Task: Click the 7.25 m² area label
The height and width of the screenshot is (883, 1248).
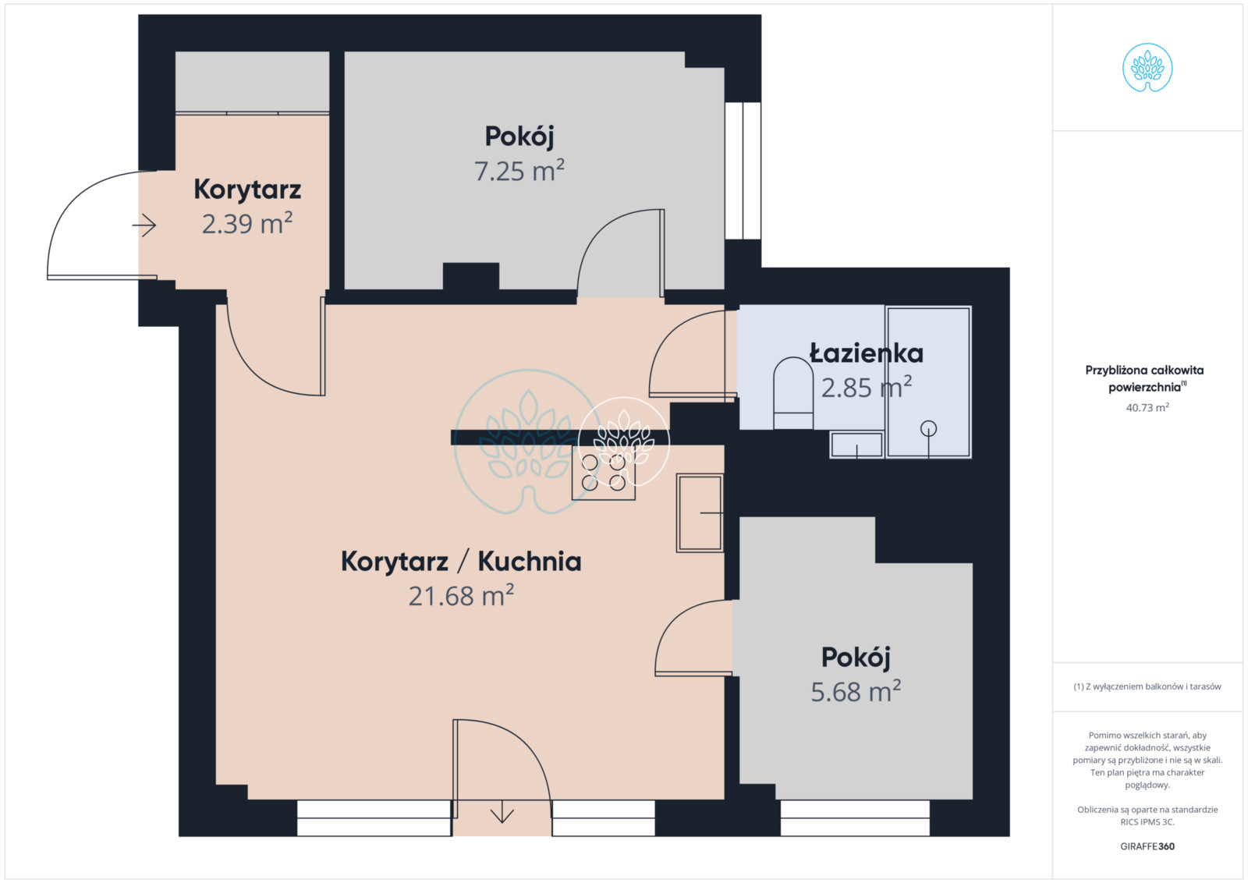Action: (519, 170)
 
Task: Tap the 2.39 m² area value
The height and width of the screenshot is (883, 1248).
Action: (246, 223)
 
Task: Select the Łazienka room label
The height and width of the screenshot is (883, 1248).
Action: (867, 353)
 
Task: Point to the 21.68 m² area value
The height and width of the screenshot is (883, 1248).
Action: (461, 595)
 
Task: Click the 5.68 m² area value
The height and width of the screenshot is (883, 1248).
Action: (856, 691)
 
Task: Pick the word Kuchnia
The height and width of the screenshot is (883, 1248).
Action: (530, 561)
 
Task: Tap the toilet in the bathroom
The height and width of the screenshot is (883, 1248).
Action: (793, 393)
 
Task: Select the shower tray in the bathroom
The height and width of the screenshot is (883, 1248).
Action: (929, 382)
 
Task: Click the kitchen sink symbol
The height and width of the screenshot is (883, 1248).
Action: (700, 512)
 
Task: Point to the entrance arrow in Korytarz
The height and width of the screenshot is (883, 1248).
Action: (144, 225)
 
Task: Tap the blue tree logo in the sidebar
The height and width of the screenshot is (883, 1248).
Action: (1147, 67)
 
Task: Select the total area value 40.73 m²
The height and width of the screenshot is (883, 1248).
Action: (1147, 407)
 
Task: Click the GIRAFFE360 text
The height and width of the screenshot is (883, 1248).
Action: (1147, 846)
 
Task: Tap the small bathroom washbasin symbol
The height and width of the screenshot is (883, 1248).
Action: (857, 445)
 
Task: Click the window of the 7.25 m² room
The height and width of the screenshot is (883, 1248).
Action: (743, 171)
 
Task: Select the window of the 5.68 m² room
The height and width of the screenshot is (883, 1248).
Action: (855, 817)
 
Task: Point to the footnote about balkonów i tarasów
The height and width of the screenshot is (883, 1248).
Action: (1147, 686)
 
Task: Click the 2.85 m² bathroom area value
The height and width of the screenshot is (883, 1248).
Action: (867, 387)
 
